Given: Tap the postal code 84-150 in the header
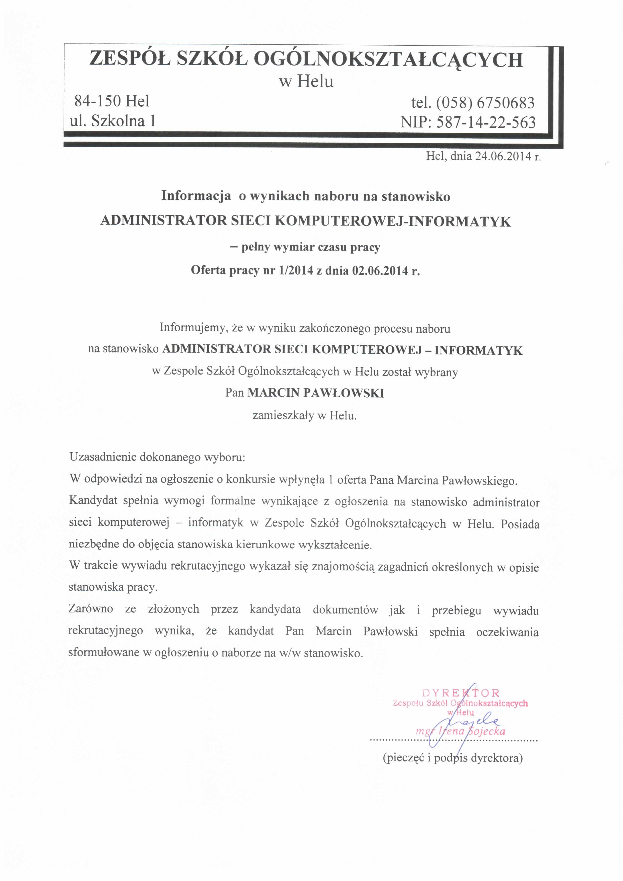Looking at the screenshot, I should click(x=98, y=101).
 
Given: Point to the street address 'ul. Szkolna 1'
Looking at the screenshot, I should click(x=112, y=121).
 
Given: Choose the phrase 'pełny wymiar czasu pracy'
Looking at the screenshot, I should click(x=310, y=247).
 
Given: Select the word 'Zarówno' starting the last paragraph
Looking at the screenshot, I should click(x=91, y=609).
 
